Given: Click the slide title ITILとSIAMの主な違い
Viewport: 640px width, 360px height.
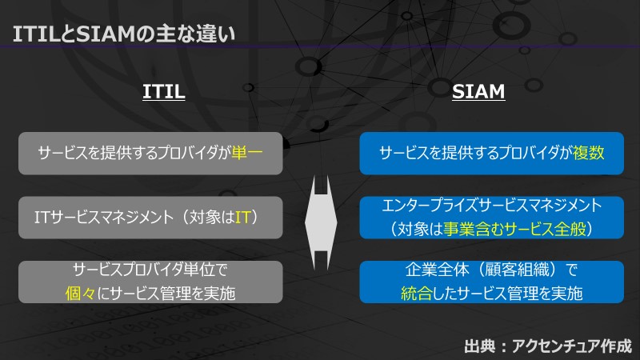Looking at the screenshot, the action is [x=124, y=34].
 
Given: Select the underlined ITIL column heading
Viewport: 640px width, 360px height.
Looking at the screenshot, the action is [x=164, y=91].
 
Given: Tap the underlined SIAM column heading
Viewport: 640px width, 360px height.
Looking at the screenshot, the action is [x=478, y=91].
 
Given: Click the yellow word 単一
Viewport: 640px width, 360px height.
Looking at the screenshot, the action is [x=247, y=153].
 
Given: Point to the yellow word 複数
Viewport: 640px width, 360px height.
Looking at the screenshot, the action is [x=588, y=153].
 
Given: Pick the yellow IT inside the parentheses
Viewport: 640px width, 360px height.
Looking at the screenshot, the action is [x=242, y=217].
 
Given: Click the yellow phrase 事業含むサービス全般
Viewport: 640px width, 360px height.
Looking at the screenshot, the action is [x=514, y=229].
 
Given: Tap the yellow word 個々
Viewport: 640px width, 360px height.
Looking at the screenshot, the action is [x=81, y=293].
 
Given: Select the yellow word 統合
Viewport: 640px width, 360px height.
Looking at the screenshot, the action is [x=416, y=293].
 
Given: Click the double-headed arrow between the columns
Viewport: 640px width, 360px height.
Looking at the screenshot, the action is [x=321, y=223].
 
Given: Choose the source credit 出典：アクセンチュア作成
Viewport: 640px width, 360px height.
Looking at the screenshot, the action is [x=547, y=346].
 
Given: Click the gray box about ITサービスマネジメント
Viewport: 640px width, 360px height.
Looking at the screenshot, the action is [x=150, y=218].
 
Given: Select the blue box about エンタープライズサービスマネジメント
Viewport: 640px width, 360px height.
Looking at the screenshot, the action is [x=491, y=218].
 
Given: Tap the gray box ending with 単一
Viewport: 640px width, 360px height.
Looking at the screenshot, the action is [x=150, y=154].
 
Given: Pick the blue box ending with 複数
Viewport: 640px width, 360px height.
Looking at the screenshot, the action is [x=491, y=154].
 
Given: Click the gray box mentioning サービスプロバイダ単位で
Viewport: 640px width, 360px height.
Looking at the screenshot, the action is [x=150, y=282].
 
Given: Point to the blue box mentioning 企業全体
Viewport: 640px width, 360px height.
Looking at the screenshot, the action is [x=491, y=282].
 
